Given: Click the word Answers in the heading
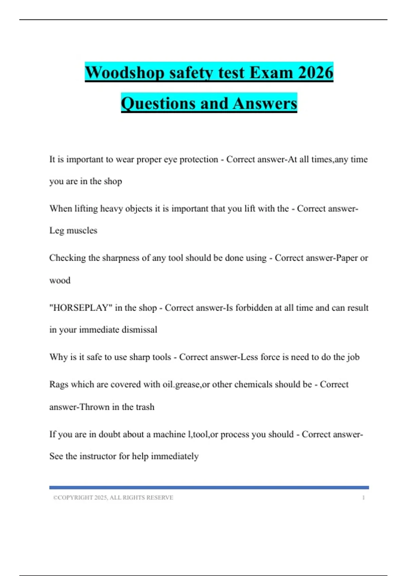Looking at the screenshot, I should (x=265, y=103).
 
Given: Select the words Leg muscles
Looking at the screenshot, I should (x=73, y=230).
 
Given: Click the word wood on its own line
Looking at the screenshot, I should (x=60, y=281).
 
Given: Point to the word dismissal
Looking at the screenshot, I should (x=139, y=330).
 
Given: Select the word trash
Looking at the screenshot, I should (x=145, y=407).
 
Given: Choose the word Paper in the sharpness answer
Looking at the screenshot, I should (x=347, y=258).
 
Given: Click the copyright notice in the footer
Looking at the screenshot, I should (x=113, y=497).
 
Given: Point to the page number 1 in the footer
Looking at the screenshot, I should (x=363, y=497).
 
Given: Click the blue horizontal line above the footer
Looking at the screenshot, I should (x=209, y=488).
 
